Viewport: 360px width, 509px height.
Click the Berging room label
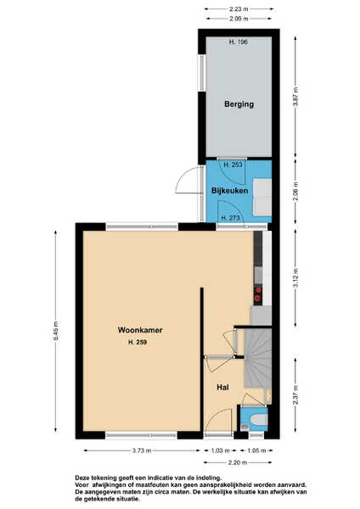click(x=239, y=104)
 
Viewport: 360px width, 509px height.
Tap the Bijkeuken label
click(x=230, y=191)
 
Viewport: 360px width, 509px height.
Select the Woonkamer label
click(x=140, y=330)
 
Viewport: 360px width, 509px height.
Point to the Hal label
click(x=223, y=388)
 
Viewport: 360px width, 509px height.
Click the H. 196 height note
click(x=239, y=42)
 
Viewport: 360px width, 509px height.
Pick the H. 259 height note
click(x=138, y=342)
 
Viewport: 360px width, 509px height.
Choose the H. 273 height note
click(x=230, y=218)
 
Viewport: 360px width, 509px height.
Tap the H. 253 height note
click(x=233, y=165)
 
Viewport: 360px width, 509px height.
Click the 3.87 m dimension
click(x=295, y=97)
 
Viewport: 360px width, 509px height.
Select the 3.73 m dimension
click(x=142, y=450)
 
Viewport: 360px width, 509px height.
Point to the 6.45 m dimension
click(x=56, y=331)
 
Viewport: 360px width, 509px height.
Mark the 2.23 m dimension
click(x=239, y=9)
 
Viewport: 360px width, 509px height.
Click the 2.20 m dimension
click(x=238, y=462)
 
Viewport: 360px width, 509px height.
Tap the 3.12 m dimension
click(x=295, y=278)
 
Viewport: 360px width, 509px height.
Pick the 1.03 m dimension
click(x=220, y=450)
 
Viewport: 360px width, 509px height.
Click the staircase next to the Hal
click(x=257, y=358)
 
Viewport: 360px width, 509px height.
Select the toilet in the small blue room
click(x=259, y=420)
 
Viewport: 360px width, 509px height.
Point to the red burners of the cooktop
click(x=259, y=293)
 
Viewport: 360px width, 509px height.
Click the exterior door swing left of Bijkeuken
click(x=188, y=181)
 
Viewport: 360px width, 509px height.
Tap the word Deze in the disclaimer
click(x=82, y=478)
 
